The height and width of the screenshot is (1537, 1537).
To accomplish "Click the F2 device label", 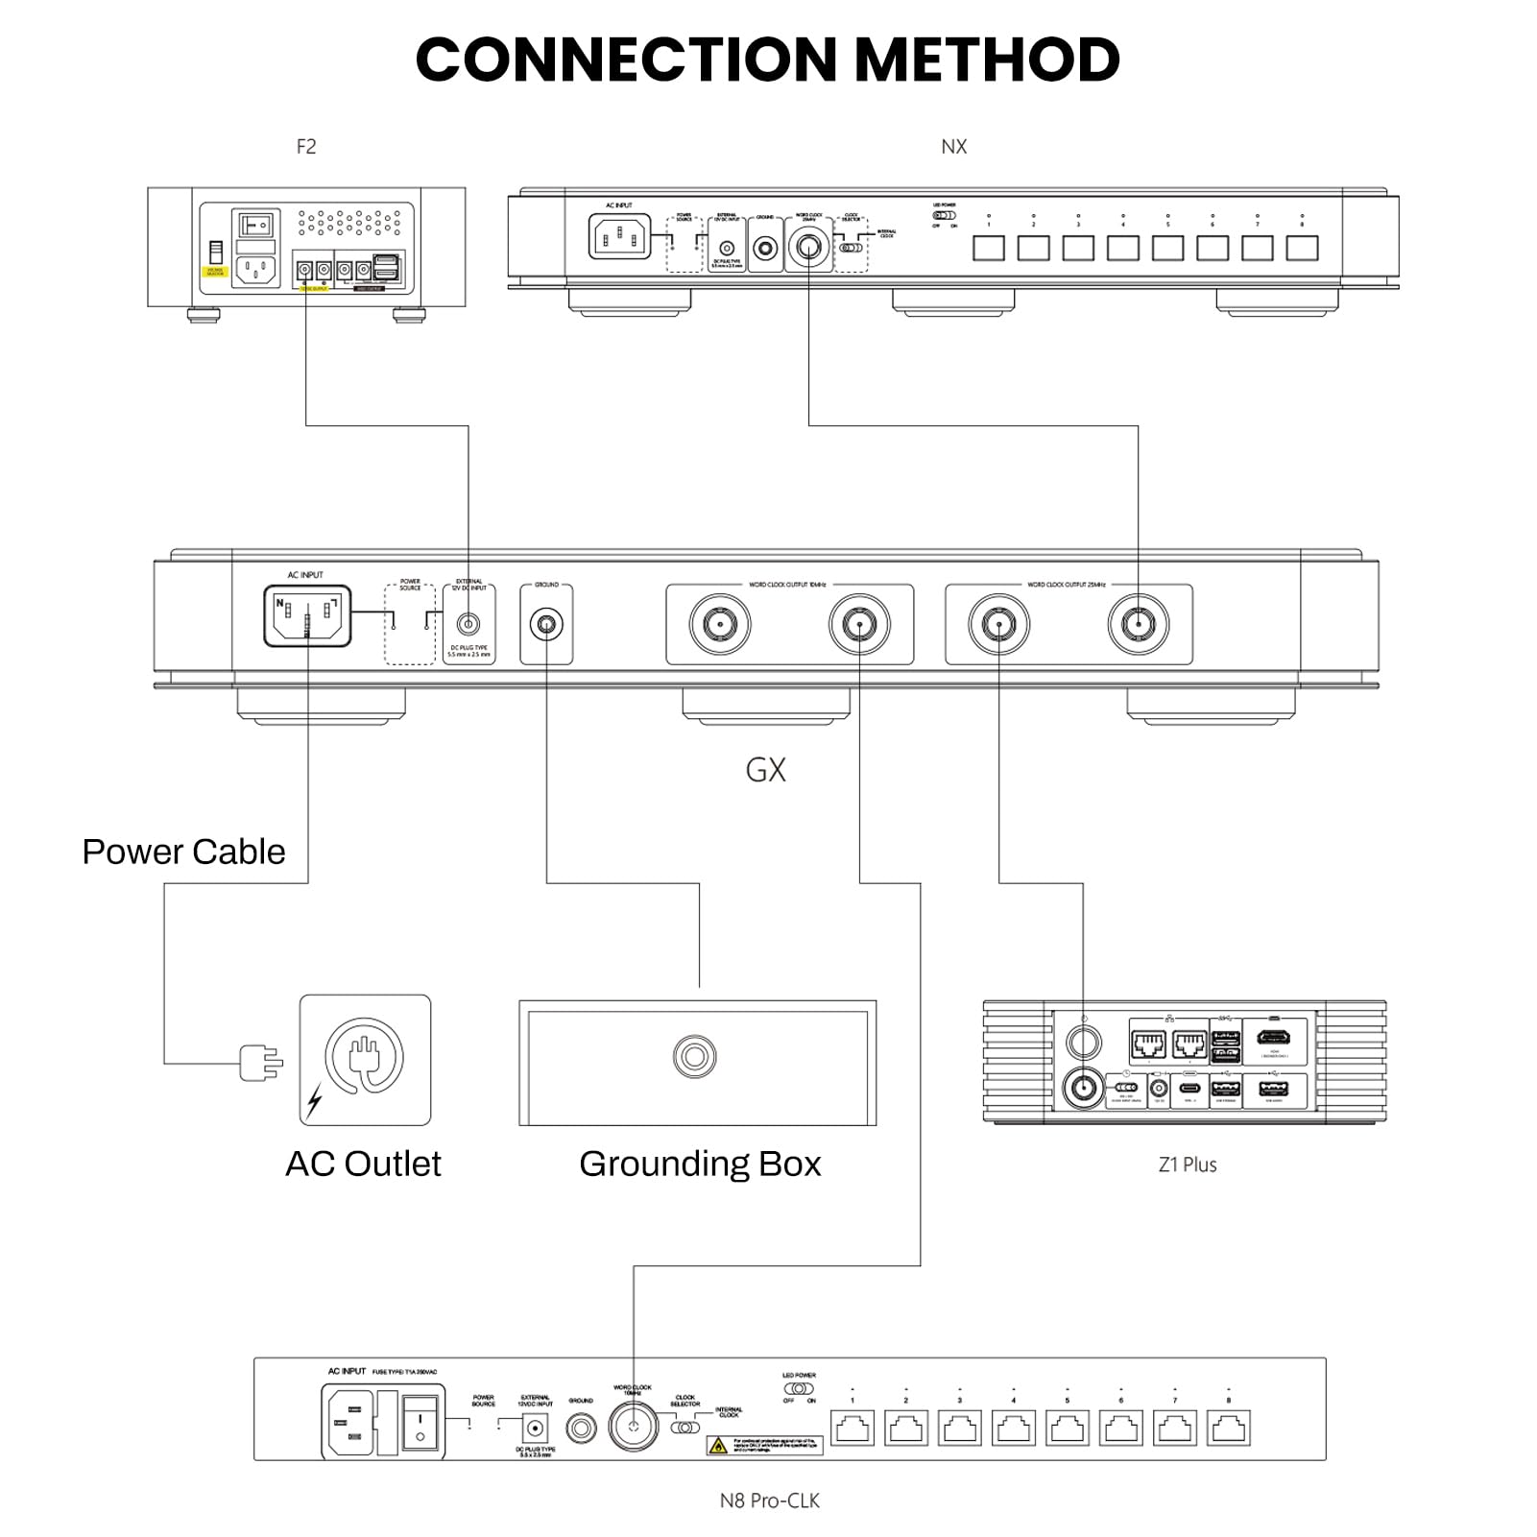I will (x=305, y=147).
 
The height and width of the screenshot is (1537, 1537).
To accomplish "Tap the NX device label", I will (x=953, y=147).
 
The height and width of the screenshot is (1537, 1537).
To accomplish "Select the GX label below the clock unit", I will (x=765, y=770).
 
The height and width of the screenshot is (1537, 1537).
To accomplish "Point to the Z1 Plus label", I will (x=1188, y=1165).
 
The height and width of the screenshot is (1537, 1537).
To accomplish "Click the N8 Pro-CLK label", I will (x=770, y=1501).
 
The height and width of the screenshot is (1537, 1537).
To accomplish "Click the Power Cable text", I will (x=183, y=853).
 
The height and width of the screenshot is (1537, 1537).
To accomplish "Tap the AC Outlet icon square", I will (x=365, y=1060).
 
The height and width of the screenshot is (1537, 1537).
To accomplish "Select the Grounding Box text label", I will (x=700, y=1164).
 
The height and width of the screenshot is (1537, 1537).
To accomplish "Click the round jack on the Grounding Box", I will (x=694, y=1056).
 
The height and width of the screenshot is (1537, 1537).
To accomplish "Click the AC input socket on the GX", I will (x=307, y=615).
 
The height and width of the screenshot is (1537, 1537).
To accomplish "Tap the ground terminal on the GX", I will (x=546, y=625).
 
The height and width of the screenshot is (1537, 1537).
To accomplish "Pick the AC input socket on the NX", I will (x=619, y=237).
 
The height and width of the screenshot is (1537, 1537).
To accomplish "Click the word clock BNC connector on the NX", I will (x=808, y=247).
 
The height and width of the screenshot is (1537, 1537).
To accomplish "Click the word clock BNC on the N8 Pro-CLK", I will (x=633, y=1426).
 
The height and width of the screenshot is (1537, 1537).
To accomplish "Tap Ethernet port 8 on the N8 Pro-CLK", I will (x=1229, y=1428).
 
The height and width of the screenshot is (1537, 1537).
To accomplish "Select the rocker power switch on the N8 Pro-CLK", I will (x=420, y=1423).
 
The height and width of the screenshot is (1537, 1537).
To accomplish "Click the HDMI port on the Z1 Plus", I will (x=1274, y=1037).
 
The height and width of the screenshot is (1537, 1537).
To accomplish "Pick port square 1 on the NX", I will (x=989, y=248).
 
